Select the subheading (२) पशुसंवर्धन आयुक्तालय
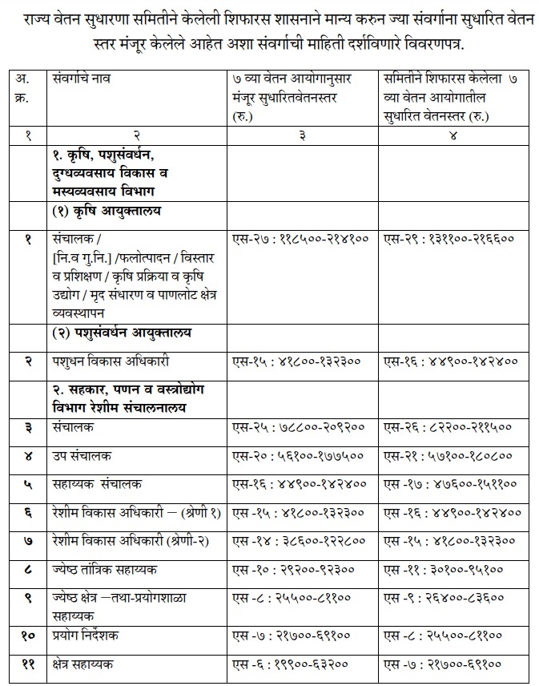122,332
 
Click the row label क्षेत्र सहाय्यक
83,664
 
